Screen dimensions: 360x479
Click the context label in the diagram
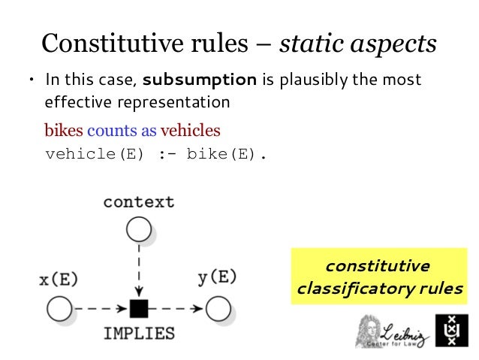point(138,201)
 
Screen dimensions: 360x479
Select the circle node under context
point(138,229)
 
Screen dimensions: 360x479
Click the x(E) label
point(58,279)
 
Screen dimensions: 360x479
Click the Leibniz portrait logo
point(372,331)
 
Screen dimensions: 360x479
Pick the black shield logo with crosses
point(451,329)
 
